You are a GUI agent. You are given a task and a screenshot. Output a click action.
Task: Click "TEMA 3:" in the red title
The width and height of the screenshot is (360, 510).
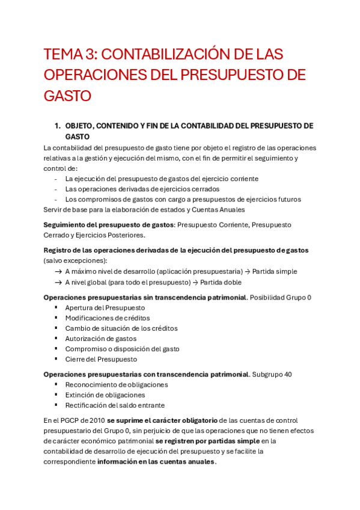click(68, 55)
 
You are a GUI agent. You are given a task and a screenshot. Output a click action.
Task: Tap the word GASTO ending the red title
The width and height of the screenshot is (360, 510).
click(67, 96)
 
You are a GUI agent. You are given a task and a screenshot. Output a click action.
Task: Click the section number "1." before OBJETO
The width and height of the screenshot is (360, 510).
click(58, 126)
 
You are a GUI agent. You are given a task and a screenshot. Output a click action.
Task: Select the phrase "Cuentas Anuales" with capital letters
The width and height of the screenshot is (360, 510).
click(218, 209)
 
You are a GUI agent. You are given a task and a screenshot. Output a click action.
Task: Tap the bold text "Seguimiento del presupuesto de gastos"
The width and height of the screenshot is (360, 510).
click(108, 224)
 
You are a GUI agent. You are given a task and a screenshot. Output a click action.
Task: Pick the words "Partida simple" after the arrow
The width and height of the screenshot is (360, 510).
click(273, 271)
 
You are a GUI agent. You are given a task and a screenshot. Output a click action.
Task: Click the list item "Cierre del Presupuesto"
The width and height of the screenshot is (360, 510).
click(101, 359)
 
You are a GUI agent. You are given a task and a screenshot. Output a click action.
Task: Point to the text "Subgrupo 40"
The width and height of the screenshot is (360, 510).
click(272, 374)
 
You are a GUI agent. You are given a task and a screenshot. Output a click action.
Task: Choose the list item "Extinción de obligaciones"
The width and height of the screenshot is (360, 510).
click(105, 395)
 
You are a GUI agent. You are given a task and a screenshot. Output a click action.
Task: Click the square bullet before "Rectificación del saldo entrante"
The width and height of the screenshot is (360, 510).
click(56, 405)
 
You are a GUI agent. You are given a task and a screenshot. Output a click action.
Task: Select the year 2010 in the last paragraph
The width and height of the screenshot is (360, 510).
click(96, 420)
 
